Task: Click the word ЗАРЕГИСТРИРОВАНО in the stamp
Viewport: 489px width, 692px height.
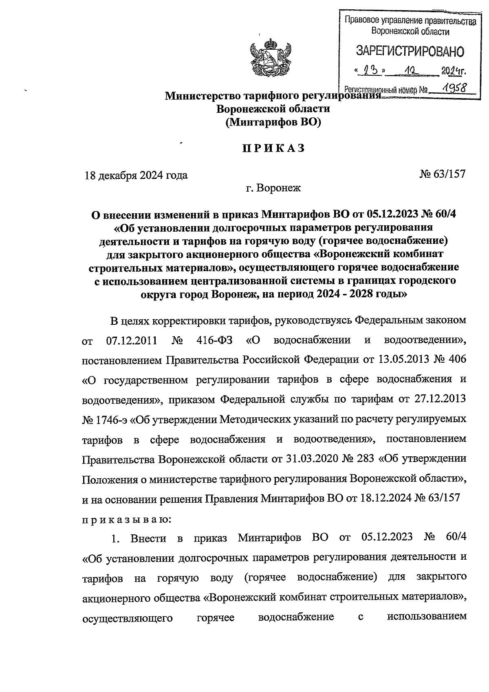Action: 410,51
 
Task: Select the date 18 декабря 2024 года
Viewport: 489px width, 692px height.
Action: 136,175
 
